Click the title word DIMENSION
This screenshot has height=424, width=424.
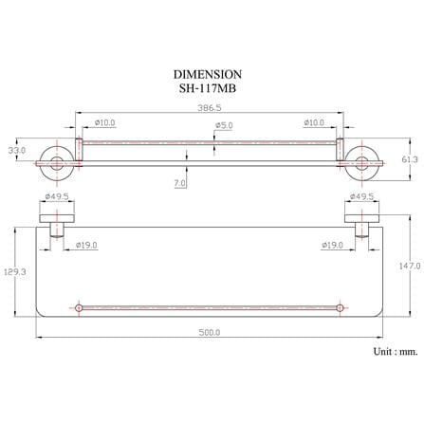coord(208,74)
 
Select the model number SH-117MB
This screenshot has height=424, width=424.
coord(208,88)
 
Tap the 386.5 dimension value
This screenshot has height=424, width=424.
coord(210,107)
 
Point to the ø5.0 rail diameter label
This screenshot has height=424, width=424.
coord(224,125)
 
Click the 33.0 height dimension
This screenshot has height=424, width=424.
coord(17,150)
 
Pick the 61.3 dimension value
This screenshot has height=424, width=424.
coord(410,159)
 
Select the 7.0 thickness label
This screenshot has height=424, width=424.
coord(179,183)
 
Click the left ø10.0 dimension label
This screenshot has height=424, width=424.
coord(104,122)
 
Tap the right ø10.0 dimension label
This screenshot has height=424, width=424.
coord(314,122)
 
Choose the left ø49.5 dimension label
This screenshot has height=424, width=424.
coord(57,196)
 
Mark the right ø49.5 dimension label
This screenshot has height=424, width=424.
coord(361,196)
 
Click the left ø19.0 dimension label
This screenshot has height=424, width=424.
coord(86,245)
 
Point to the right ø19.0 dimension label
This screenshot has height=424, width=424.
coord(332,245)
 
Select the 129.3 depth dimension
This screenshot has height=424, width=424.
coord(15,271)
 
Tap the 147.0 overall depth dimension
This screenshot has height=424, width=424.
coord(410,266)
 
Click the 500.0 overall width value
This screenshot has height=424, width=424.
coord(210,332)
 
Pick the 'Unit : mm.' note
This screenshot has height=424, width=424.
coord(396,351)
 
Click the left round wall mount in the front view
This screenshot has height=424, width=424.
coord(57,163)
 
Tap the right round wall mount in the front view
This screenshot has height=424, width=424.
coord(361,163)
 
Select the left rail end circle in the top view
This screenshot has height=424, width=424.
coord(79,307)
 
